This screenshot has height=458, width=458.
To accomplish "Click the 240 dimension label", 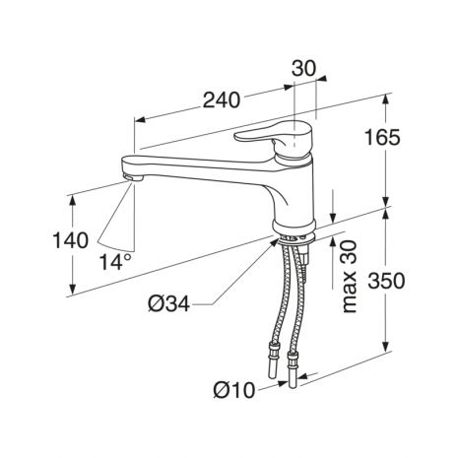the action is point(222,100).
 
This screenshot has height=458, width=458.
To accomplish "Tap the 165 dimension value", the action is point(383,138).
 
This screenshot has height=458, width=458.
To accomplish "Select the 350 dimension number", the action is point(386,282).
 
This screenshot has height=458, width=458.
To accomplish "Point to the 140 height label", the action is point(70,240).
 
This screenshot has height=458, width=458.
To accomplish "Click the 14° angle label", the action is point(115,262).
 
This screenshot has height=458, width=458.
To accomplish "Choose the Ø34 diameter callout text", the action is point(168,304).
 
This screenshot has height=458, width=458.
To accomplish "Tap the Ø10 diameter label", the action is point(233,391).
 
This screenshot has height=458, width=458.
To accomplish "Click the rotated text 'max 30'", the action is point(349,277).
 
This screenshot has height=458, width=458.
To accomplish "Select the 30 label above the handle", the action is point(303,69).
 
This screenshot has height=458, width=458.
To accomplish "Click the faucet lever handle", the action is point(275,135).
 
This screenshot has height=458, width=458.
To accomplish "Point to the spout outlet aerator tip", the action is point(134,177).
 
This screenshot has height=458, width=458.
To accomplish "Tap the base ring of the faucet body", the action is point(294,227).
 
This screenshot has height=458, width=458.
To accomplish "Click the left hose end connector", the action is point(273,360).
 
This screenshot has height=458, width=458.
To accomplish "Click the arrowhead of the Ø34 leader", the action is point(274,242).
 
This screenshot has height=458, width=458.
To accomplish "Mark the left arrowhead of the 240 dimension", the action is point(140,120).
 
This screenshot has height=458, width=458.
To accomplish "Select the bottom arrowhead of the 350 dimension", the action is point(386,347).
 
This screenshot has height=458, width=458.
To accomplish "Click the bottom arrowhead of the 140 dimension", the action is point(73,288).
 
